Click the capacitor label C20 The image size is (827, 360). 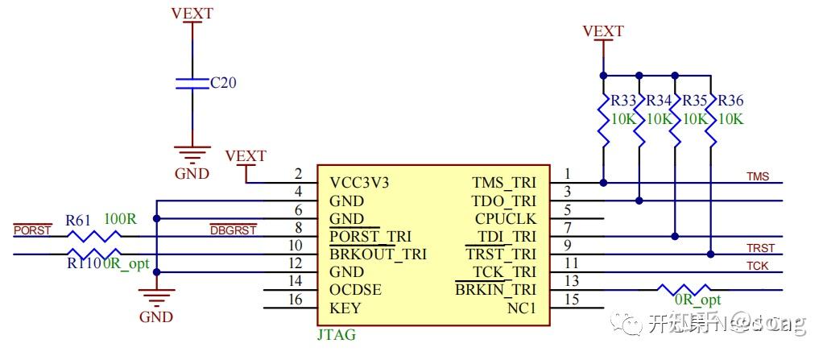point(223,83)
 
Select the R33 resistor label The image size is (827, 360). point(623,101)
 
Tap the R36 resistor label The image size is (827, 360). point(730,101)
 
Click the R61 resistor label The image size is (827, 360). point(78,219)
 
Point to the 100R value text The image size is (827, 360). point(120,218)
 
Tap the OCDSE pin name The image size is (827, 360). point(355,290)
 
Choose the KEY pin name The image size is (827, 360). point(345,308)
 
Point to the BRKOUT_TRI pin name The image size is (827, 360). point(378,254)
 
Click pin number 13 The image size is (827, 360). point(572,281)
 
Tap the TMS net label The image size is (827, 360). point(758,176)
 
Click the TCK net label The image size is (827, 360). point(757,266)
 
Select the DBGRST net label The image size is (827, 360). point(233,230)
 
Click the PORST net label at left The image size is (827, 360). point(32,230)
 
